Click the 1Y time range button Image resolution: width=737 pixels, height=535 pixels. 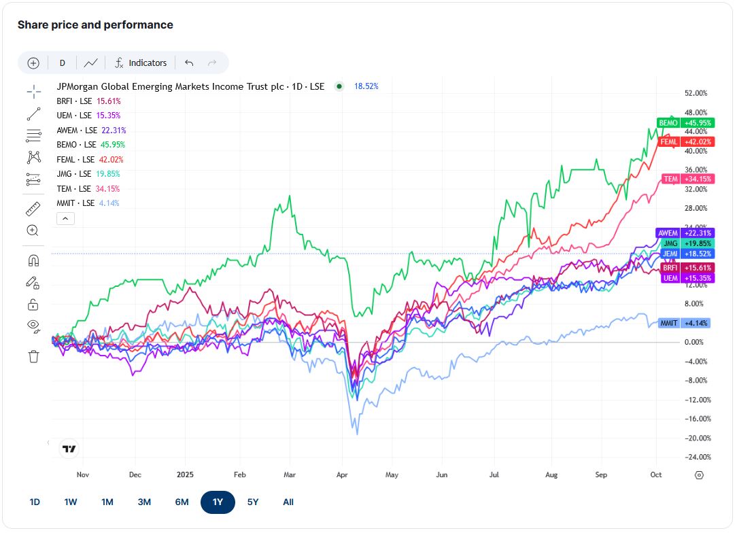coord(218,502)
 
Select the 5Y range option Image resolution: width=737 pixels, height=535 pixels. coord(253,502)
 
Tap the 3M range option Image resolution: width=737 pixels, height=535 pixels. coord(144,502)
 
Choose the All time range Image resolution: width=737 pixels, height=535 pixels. coord(288,502)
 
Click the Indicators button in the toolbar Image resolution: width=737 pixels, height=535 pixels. coord(141,63)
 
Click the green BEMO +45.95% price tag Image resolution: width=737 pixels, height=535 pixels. coord(686,122)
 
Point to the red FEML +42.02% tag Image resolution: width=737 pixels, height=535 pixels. coord(686,141)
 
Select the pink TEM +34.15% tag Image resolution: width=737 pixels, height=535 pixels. coord(688,179)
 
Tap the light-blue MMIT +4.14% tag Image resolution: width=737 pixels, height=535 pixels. coord(684,323)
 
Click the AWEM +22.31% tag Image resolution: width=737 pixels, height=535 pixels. coord(685,232)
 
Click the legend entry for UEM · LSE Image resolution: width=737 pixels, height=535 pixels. coord(88,116)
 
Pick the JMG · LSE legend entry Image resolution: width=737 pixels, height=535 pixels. coord(88,174)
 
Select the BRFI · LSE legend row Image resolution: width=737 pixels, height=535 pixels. coord(89,101)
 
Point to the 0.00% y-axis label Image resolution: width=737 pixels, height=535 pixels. coord(693,342)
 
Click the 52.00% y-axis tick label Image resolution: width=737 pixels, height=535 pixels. coord(696,93)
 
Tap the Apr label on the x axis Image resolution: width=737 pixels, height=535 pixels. coord(342,474)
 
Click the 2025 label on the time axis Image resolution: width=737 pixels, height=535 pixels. coord(185,474)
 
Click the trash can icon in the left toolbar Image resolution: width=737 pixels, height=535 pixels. coord(33,356)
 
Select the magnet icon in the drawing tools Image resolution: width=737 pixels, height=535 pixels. coord(33,260)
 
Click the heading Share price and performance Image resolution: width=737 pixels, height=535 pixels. coord(95,25)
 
